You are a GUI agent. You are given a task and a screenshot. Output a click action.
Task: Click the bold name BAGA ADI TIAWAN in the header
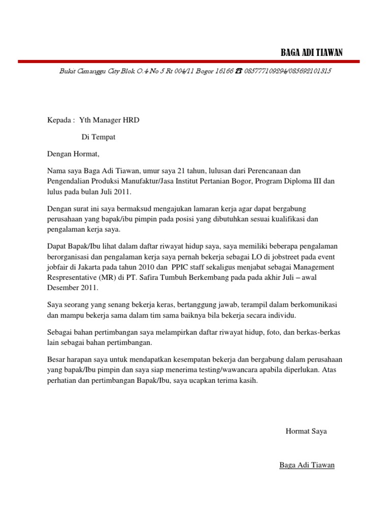point(312,53)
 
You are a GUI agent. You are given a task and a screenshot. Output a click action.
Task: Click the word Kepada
point(59,120)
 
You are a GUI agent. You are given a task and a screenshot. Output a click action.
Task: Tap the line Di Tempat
point(99,137)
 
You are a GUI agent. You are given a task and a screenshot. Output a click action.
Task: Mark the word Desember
point(63,288)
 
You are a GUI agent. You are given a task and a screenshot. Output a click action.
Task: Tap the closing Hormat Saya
point(307,431)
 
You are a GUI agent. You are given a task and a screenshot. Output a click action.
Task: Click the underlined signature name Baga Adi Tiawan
point(307,465)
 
